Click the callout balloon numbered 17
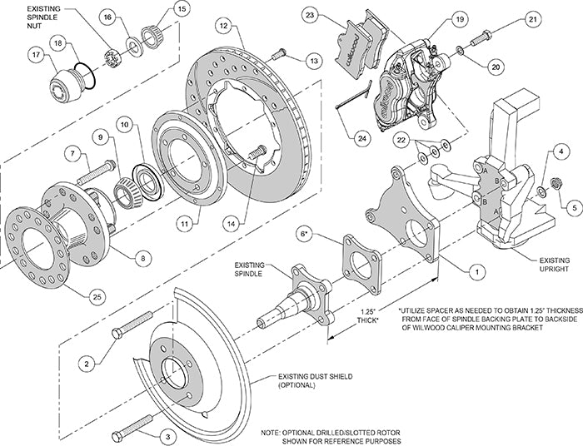(36, 57)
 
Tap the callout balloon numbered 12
(224, 27)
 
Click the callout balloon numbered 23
(311, 15)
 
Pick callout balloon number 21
(555, 19)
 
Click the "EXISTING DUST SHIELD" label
(306, 381)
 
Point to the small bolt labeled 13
(280, 54)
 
